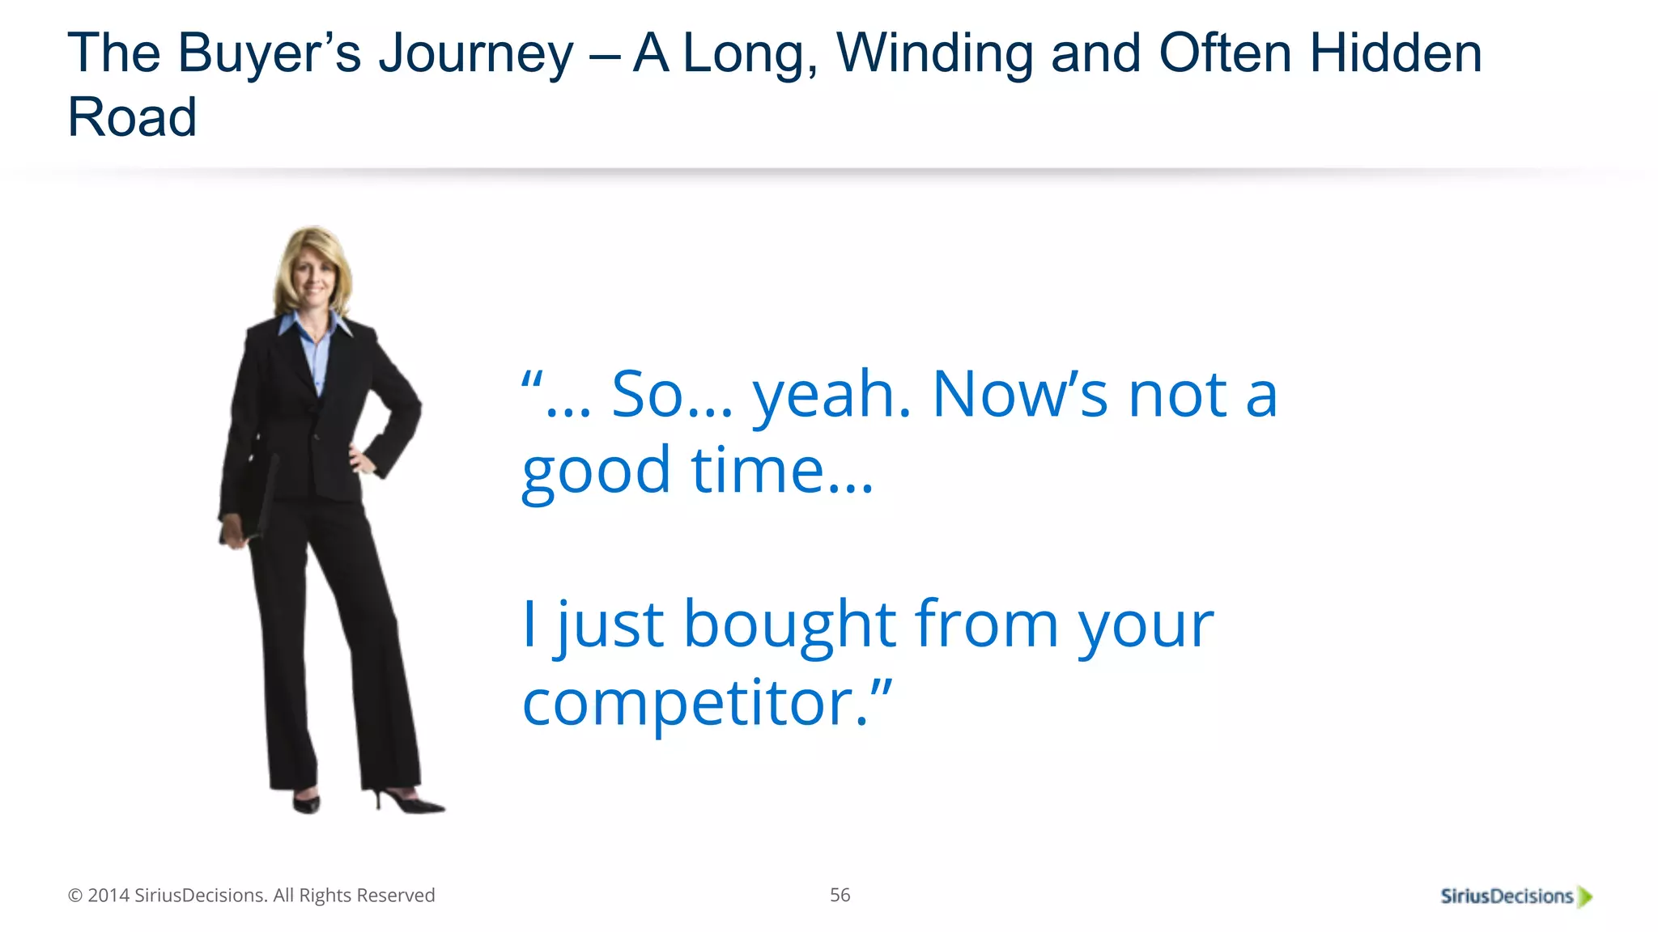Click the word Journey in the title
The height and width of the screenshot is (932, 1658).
[x=476, y=55]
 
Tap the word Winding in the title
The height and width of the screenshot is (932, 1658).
[x=934, y=53]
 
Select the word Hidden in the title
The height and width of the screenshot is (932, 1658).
[x=1396, y=53]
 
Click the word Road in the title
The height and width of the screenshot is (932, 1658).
[x=132, y=117]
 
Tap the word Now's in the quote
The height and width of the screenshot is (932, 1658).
[x=1020, y=395]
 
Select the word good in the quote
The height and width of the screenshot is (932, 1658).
[x=597, y=472]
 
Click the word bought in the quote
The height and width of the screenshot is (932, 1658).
[x=789, y=625]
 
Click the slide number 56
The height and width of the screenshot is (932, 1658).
[x=840, y=895]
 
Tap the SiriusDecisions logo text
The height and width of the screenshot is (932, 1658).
[x=1506, y=896]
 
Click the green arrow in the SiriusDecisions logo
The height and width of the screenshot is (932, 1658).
[x=1585, y=897]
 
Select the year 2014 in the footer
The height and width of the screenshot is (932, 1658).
[x=108, y=896]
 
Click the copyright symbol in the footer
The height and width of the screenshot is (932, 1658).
[x=75, y=896]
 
